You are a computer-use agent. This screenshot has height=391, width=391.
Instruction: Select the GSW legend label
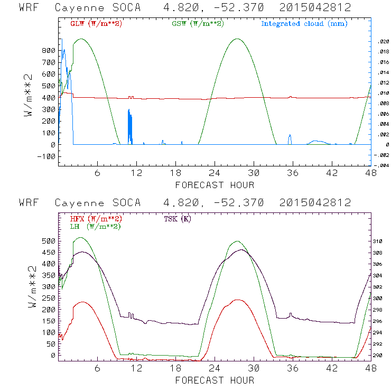click(x=198, y=24)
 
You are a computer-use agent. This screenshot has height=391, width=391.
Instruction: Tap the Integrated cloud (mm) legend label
click(x=304, y=24)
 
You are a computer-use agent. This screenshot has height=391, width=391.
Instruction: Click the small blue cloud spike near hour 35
click(x=290, y=139)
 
